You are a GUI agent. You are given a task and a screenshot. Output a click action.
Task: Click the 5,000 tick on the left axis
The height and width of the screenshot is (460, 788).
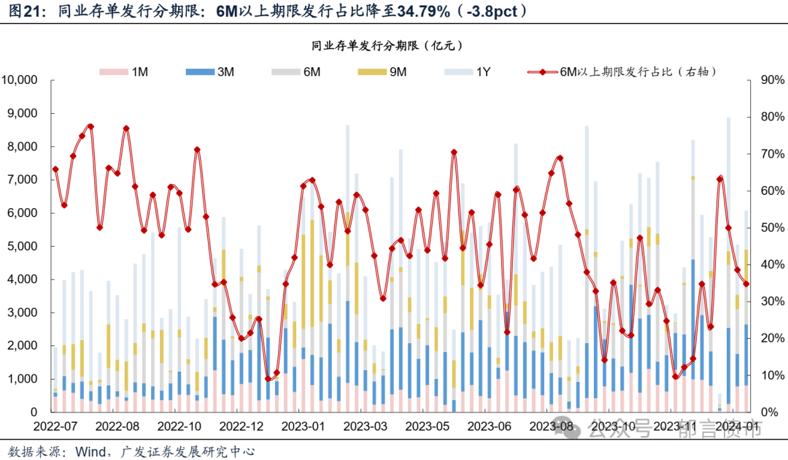(x=25, y=246)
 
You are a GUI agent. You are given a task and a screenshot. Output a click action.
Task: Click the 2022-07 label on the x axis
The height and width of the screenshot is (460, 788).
(x=55, y=426)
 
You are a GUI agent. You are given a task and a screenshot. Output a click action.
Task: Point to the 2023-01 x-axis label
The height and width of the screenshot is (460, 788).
(x=303, y=426)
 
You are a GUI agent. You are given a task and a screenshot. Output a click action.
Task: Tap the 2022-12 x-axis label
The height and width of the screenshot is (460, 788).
(x=241, y=426)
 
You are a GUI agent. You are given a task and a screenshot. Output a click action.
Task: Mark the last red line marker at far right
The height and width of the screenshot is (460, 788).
(x=746, y=284)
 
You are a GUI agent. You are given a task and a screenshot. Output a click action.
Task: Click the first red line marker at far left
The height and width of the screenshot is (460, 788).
(x=55, y=169)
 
